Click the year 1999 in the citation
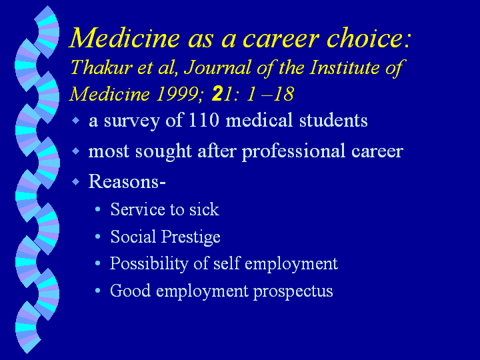[177, 94]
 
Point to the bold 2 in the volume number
[217, 94]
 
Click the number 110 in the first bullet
[203, 120]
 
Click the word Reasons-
[127, 181]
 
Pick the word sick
[204, 209]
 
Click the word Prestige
[191, 237]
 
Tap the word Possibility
[149, 264]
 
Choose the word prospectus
[293, 291]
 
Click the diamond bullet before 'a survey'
[75, 120]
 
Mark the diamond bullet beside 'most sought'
[75, 151]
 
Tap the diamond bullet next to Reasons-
[75, 182]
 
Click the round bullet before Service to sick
[97, 209]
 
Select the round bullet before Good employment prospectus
[97, 290]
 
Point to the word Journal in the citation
[217, 67]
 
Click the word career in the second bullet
[377, 151]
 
